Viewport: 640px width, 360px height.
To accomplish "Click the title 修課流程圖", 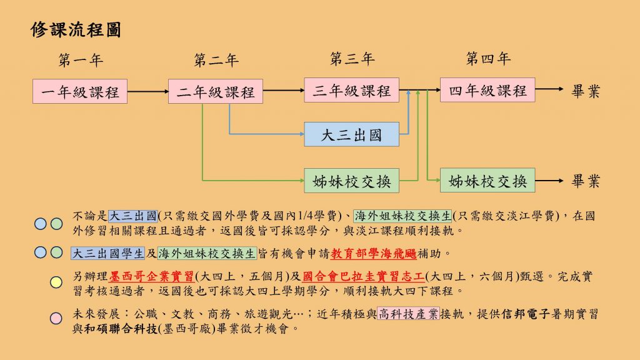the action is [x=76, y=30].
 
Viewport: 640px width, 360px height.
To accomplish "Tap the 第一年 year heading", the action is [x=81, y=61].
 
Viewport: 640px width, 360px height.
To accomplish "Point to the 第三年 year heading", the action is [x=352, y=59].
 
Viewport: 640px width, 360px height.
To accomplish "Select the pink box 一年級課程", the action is [x=80, y=91].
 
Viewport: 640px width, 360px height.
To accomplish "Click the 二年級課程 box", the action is [x=216, y=91].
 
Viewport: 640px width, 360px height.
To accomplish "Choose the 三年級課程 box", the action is [x=351, y=90].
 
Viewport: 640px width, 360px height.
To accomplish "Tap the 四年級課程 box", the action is [x=487, y=90].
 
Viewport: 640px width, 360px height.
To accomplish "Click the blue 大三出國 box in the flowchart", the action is [x=351, y=134].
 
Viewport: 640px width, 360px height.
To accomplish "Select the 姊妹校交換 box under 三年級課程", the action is [x=351, y=181].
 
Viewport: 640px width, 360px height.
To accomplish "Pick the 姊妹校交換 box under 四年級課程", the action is [x=487, y=181].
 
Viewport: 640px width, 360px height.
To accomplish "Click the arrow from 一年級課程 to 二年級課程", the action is [x=147, y=91].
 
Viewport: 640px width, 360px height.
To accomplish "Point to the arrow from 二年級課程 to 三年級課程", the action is [x=284, y=90].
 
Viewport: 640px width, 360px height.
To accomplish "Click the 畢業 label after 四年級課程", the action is [x=586, y=91].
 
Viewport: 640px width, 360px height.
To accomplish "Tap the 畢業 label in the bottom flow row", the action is [x=586, y=181].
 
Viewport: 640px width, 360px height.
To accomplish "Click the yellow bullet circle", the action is [x=56, y=282].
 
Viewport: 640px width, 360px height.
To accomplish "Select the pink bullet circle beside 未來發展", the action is [x=56, y=318].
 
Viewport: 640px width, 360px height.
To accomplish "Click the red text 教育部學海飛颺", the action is [x=374, y=254].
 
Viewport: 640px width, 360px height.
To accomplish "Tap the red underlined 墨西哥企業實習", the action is [x=151, y=276].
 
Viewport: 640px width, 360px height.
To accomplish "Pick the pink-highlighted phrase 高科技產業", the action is [x=408, y=314].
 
